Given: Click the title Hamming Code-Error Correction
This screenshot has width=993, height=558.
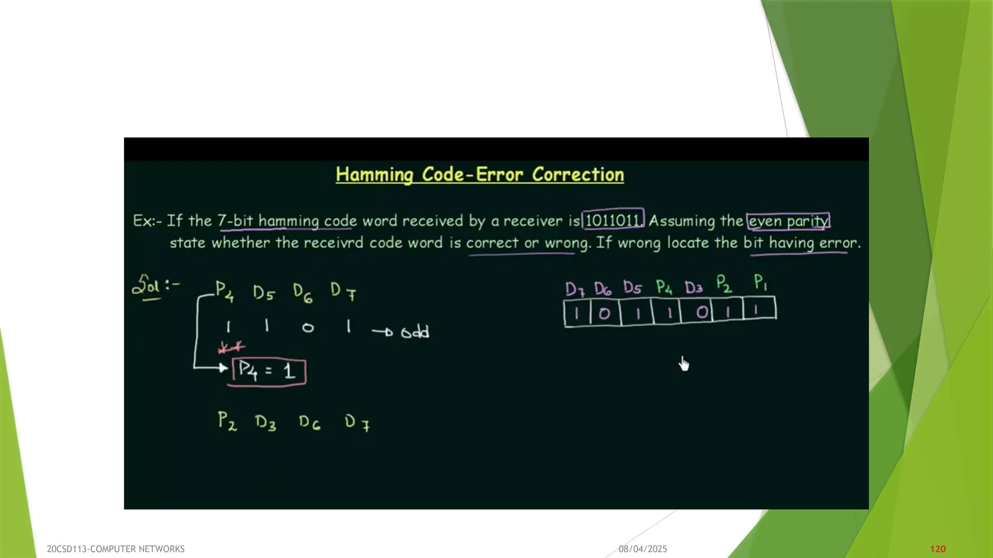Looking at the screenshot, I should pyautogui.click(x=480, y=174).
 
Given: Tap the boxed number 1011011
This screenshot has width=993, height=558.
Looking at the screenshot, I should pyautogui.click(x=613, y=220).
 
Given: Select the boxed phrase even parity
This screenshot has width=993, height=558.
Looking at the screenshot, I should pyautogui.click(x=788, y=221).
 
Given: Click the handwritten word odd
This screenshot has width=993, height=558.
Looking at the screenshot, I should pyautogui.click(x=415, y=332).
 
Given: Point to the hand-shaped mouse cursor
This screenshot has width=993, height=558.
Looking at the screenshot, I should pyautogui.click(x=684, y=363).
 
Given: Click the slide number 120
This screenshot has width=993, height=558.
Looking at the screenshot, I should pyautogui.click(x=938, y=549).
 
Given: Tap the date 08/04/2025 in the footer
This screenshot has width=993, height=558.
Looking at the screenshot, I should pyautogui.click(x=642, y=549).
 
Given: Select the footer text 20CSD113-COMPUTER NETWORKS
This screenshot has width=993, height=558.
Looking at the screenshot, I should pyautogui.click(x=115, y=549).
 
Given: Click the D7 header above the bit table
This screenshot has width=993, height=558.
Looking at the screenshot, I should pyautogui.click(x=575, y=289).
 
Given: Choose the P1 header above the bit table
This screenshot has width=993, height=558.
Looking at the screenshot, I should pyautogui.click(x=760, y=282).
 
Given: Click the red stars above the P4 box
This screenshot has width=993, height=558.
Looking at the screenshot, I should pyautogui.click(x=231, y=347).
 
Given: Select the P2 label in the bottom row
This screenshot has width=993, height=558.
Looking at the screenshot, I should pyautogui.click(x=227, y=421).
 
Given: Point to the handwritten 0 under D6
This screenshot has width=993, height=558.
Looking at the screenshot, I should pyautogui.click(x=308, y=328).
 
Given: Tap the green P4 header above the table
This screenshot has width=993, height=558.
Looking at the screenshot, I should pyautogui.click(x=664, y=287).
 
